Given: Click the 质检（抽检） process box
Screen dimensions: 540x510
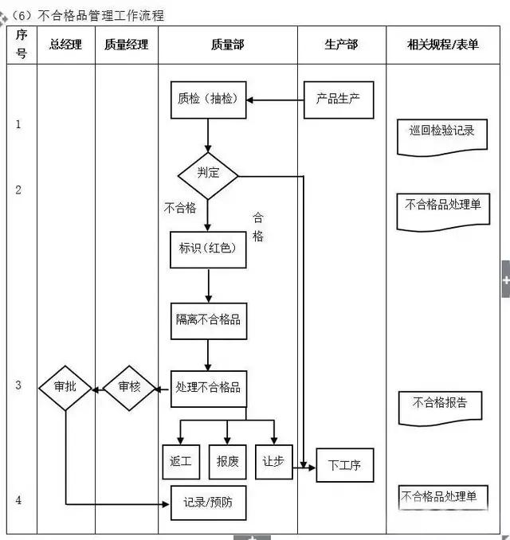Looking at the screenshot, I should pyautogui.click(x=208, y=100).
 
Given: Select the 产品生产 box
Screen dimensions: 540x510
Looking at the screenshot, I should pyautogui.click(x=339, y=100).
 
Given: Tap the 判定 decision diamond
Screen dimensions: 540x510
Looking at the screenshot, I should pyautogui.click(x=208, y=172).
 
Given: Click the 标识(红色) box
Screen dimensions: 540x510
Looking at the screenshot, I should pyautogui.click(x=208, y=249).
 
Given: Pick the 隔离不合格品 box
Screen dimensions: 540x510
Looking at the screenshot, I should pyautogui.click(x=208, y=320).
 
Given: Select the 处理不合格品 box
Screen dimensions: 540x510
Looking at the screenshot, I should pyautogui.click(x=208, y=388).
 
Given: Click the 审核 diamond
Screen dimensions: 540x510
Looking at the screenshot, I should pyautogui.click(x=129, y=388).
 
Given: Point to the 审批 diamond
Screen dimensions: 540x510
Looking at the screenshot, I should pyautogui.click(x=65, y=388).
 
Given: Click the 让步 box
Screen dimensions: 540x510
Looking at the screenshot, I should pyautogui.click(x=273, y=462).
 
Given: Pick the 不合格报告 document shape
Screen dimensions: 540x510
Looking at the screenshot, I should pyautogui.click(x=440, y=404).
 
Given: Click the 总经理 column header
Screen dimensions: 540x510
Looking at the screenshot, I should pyautogui.click(x=66, y=45).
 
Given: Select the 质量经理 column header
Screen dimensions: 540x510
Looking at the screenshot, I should pyautogui.click(x=127, y=45).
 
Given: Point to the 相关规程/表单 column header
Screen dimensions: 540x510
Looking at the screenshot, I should pyautogui.click(x=443, y=45).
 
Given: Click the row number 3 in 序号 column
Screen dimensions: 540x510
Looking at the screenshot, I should pyautogui.click(x=19, y=385).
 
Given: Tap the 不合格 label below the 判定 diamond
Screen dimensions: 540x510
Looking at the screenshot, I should pyautogui.click(x=180, y=209).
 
